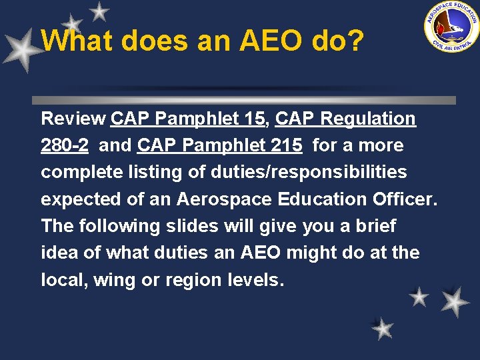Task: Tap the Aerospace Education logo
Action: coord(451,26)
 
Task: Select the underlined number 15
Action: coord(253,119)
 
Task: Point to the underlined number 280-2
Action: coord(65,146)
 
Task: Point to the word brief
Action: coord(375,226)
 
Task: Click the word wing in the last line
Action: coord(111,280)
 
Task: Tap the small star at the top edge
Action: coord(99,11)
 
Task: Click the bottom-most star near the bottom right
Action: coord(383,329)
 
